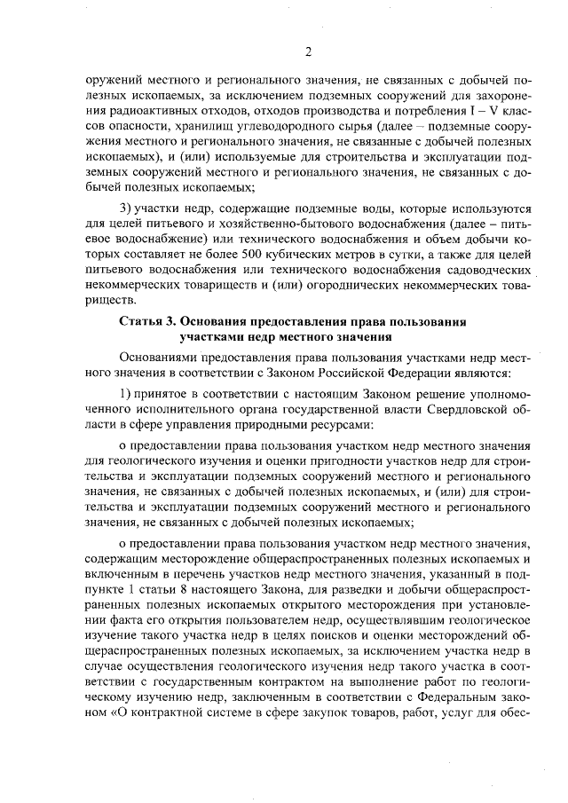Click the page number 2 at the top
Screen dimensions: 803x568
(x=308, y=51)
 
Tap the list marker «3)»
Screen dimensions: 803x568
(x=126, y=209)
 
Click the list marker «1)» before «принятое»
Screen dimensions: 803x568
(x=126, y=394)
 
